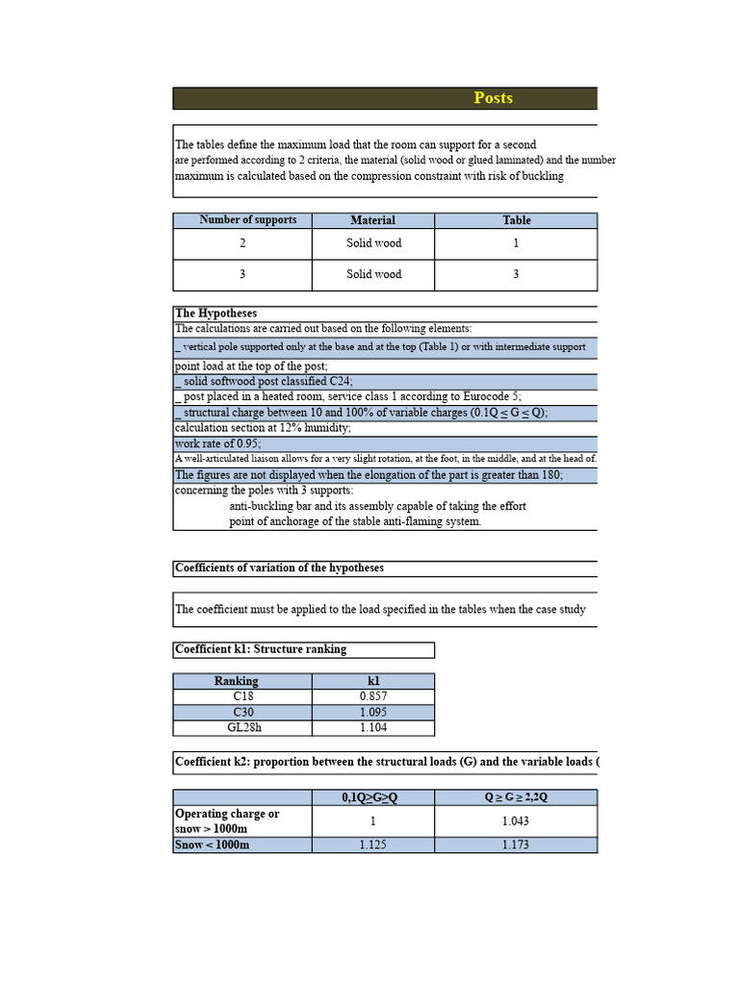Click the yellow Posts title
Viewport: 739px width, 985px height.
click(x=493, y=98)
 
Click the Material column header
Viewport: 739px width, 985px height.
click(x=372, y=220)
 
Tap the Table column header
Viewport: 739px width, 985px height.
click(x=516, y=220)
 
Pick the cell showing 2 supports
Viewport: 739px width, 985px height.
click(x=242, y=243)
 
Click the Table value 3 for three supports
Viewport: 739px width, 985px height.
click(x=516, y=274)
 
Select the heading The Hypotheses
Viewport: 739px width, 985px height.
click(x=216, y=314)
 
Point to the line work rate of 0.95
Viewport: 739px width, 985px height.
click(x=217, y=444)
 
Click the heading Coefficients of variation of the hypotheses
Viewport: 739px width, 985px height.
click(x=279, y=568)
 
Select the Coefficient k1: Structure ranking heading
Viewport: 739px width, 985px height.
click(x=261, y=649)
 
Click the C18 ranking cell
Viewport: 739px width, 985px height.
click(x=242, y=695)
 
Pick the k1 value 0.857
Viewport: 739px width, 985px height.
click(x=373, y=695)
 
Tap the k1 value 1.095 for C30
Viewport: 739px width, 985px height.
click(x=373, y=712)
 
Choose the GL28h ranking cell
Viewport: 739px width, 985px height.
click(x=242, y=728)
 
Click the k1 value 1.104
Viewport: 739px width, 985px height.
click(x=373, y=728)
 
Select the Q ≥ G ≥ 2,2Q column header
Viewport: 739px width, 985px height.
click(x=516, y=797)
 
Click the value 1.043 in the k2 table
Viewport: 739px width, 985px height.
click(x=516, y=821)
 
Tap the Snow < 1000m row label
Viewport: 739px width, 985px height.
click(x=213, y=845)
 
